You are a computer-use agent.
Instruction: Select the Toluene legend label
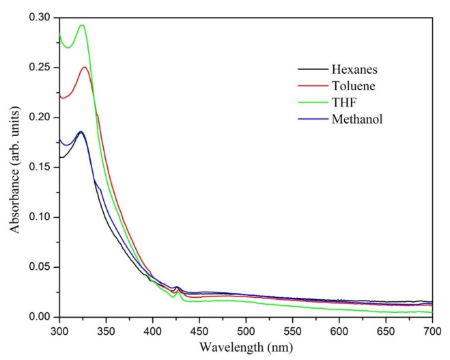tap(353, 85)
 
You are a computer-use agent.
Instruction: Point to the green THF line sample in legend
tap(311, 102)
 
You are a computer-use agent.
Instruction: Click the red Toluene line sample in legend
tap(311, 85)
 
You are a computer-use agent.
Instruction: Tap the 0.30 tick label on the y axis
tap(41, 18)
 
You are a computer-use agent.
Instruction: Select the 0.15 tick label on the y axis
tap(41, 167)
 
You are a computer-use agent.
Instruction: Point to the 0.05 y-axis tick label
tap(41, 267)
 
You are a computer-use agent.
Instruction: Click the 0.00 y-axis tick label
tap(41, 317)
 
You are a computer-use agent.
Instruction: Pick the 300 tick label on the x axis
tap(59, 330)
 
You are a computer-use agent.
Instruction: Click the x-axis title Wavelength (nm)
tap(246, 347)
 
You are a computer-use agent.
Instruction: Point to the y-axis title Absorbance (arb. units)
tap(14, 167)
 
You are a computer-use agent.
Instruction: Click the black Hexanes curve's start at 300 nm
tap(60, 157)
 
